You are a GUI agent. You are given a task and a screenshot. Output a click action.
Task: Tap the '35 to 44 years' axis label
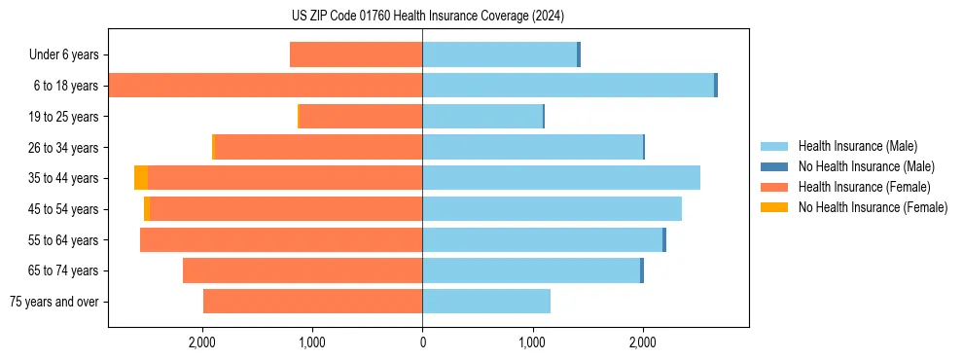point(63,178)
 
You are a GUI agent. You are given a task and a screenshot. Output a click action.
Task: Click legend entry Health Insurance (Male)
point(857,146)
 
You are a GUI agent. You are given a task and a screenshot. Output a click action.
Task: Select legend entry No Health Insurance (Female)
point(873,207)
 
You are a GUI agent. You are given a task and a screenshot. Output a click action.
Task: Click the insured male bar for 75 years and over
point(486,302)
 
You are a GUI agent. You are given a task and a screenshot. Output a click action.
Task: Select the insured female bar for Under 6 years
point(356,55)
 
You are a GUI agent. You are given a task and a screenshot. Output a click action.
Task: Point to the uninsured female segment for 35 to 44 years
point(141,178)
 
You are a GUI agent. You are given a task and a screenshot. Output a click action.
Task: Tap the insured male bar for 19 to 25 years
point(481,117)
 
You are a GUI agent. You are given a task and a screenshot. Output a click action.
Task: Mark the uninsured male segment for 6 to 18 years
point(716,86)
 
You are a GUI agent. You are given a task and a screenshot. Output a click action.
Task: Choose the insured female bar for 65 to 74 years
point(303,270)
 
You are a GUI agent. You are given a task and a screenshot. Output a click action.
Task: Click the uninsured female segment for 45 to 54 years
point(147,209)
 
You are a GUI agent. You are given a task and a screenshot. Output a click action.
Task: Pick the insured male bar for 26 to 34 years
point(532,147)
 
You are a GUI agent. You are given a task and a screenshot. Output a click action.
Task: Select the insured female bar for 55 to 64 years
point(281,240)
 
